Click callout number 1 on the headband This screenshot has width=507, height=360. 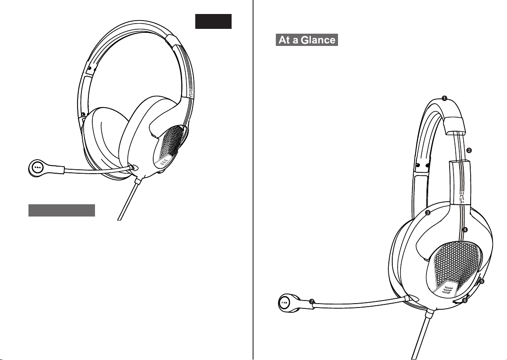click(444, 98)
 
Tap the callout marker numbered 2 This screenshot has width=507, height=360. click(469, 150)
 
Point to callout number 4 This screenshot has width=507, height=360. click(465, 229)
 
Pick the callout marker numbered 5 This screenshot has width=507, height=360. click(482, 281)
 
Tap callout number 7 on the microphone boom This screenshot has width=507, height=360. click(311, 301)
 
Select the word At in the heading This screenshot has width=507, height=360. click(285, 41)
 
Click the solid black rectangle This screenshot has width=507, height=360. click(213, 21)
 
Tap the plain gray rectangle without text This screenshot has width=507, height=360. click(62, 210)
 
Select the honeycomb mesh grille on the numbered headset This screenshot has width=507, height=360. click(454, 262)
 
